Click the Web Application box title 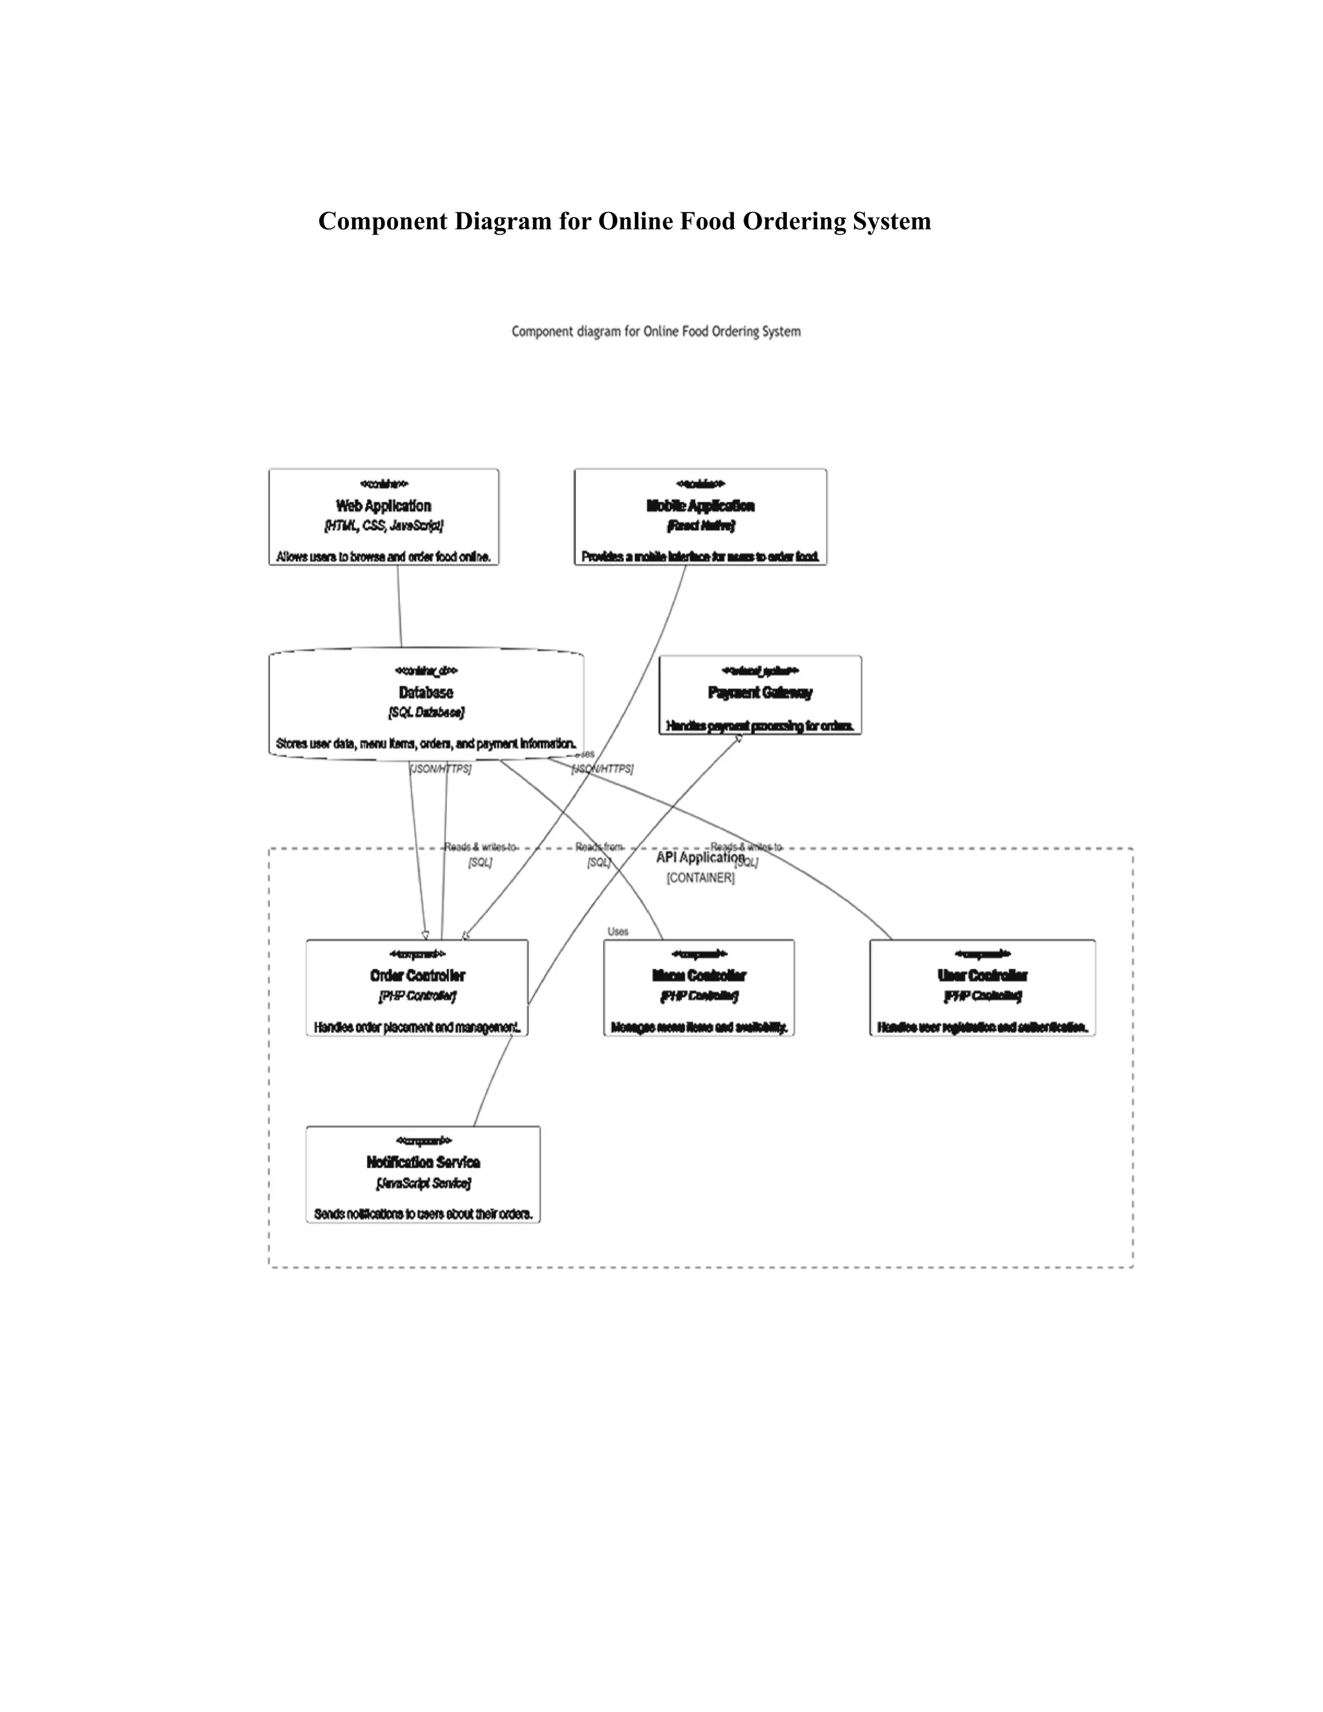tap(383, 506)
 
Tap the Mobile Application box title tap(700, 506)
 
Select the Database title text tap(426, 692)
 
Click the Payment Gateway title tap(760, 692)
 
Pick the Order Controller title tap(417, 975)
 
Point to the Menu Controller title tap(698, 975)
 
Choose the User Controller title tap(982, 975)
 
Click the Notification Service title tap(422, 1162)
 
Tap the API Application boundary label tap(699, 857)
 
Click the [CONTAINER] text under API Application tap(700, 878)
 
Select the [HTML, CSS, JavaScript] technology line tap(383, 525)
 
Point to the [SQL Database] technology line tap(426, 712)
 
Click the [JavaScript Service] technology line tap(422, 1182)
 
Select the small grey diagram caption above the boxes tap(656, 331)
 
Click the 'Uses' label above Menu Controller tap(618, 931)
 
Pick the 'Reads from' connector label tap(599, 846)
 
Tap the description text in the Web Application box tap(383, 556)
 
